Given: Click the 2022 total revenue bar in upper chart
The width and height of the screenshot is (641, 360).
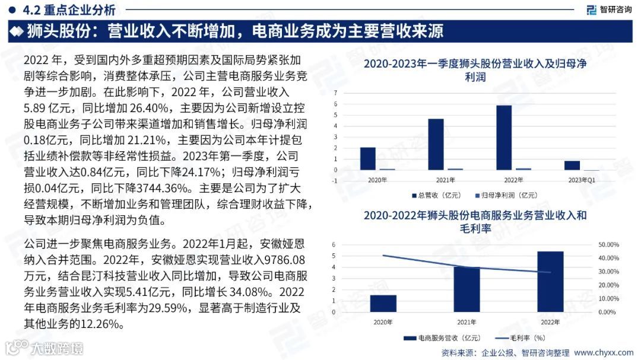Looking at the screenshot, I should [x=504, y=138].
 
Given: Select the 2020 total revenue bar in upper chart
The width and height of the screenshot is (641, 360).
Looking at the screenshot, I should [x=368, y=158].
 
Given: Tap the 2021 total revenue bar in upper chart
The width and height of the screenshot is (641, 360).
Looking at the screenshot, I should [x=436, y=144].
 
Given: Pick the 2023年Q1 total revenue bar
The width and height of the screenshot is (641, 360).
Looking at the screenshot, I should [x=572, y=165].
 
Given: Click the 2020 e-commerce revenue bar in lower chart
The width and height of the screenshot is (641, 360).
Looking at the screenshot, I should [x=383, y=303].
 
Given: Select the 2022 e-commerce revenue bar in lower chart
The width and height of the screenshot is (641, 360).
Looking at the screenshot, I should [x=550, y=281].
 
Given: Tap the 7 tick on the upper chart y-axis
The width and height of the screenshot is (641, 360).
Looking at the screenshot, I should [x=335, y=93].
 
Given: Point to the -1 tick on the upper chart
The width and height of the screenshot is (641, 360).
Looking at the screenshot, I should [x=335, y=181].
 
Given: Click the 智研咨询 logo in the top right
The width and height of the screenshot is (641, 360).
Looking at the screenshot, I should [x=608, y=9].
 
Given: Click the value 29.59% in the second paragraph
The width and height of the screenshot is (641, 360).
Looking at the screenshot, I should [x=166, y=308].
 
